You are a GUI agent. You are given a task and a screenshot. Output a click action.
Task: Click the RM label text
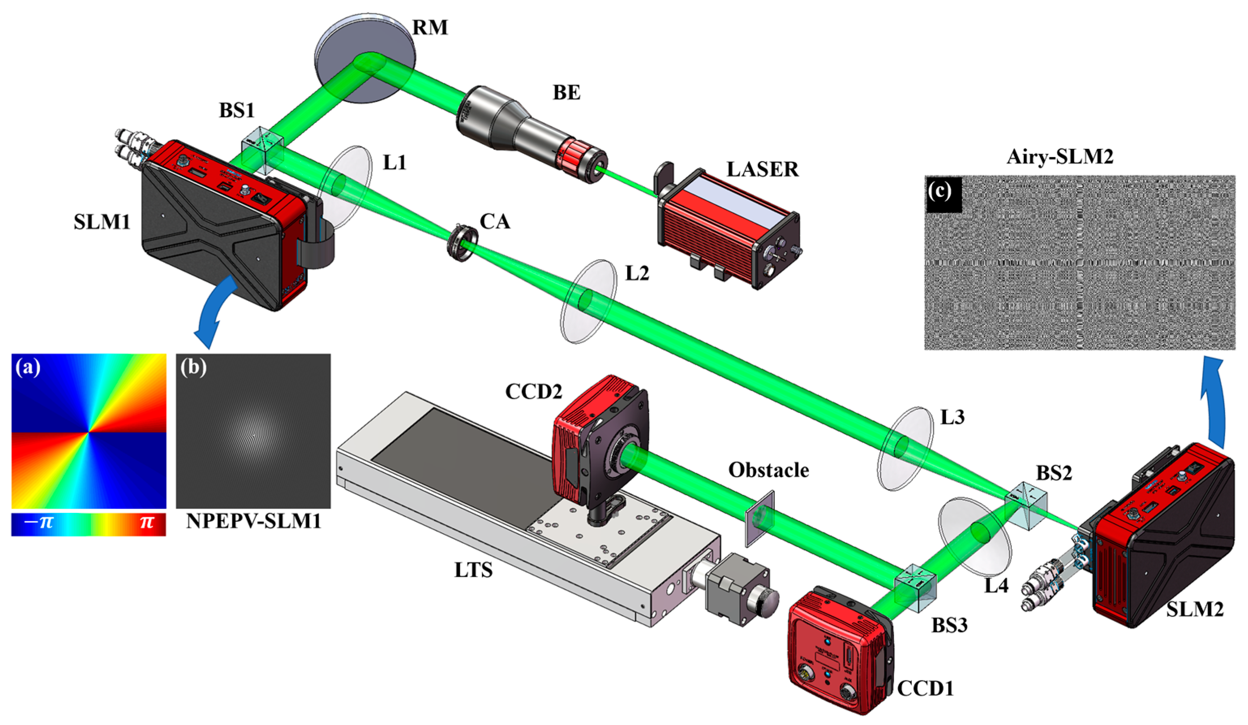coord(430,27)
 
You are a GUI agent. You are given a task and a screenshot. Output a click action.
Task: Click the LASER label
coord(762,170)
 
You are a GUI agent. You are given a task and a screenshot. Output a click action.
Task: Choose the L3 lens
coord(905,448)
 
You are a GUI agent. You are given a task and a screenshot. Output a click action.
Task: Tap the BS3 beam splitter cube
coord(915,588)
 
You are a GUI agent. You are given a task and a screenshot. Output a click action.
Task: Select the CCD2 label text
coord(533,392)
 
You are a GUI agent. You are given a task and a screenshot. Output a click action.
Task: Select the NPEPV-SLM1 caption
coord(253,521)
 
